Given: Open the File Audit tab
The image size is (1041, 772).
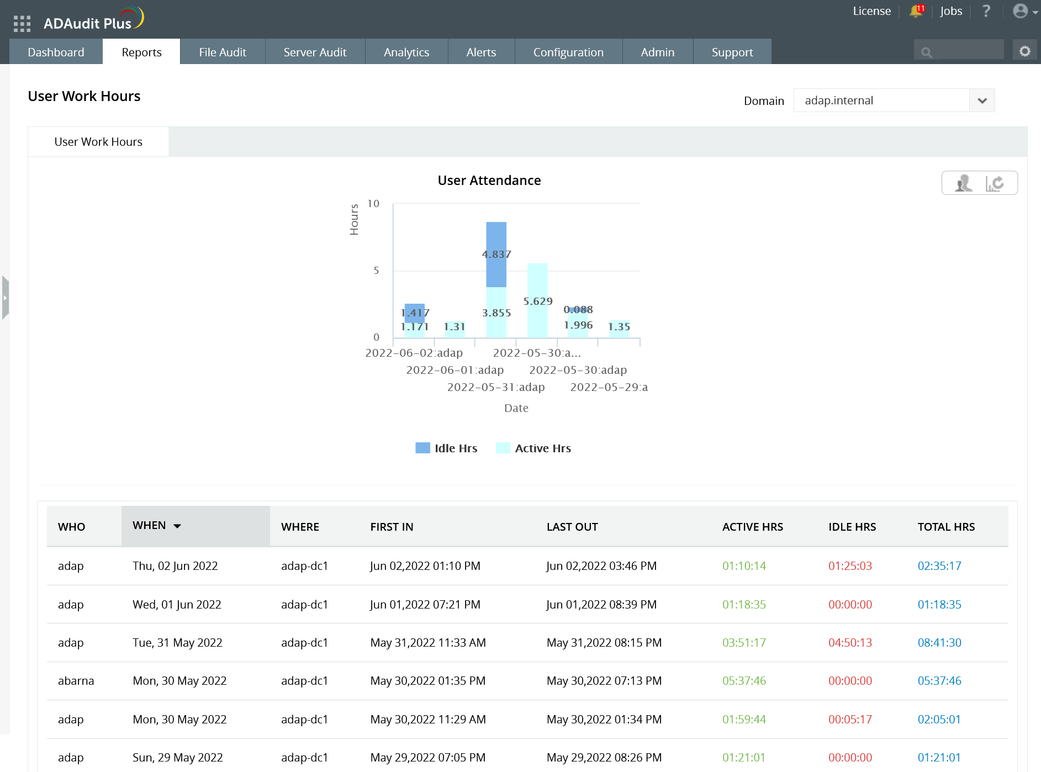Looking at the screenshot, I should coord(223,52).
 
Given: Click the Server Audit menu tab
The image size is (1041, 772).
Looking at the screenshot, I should coord(315,52).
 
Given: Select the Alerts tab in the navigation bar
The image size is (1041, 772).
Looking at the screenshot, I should coord(481,52).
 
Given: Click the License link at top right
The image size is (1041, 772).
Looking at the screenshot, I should coord(871,11).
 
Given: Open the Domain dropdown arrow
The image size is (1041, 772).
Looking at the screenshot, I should coord(982,101).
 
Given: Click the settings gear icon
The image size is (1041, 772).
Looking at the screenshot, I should coord(1025,51).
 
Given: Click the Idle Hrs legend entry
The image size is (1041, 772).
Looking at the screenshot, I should coord(446,448).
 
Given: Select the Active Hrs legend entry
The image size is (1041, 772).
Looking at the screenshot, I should coord(533,448).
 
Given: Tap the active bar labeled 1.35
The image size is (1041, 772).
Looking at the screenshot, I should coord(619,329).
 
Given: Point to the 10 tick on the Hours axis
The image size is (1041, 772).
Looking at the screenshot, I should coord(374,204).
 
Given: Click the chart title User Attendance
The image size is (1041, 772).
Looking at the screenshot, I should coord(489,181).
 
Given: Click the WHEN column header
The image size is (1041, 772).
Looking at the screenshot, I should coord(150,525).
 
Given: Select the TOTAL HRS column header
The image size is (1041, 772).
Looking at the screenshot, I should coord(946,527).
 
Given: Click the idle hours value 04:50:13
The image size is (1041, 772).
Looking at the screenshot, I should coord(850,643).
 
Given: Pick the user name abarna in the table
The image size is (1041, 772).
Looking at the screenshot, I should coord(76,681).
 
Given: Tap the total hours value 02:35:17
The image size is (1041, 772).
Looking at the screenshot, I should coord(939,566).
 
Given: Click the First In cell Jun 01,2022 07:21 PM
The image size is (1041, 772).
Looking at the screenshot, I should coord(425,605).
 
